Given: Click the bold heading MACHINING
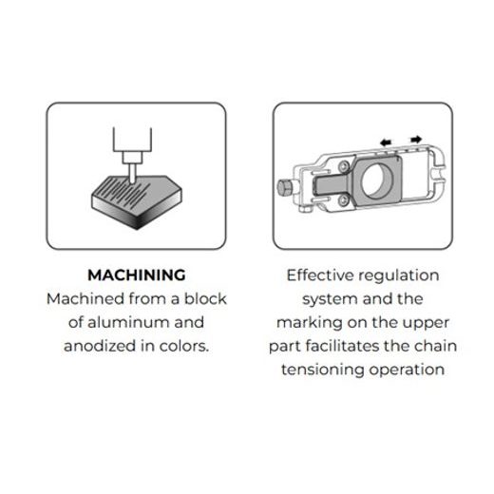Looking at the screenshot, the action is [x=137, y=275].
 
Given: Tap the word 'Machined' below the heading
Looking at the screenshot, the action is [x=85, y=298].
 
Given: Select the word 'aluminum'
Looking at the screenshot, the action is [x=128, y=322].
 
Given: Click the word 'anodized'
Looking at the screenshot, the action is [x=100, y=346].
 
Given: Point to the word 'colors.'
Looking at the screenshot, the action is [x=184, y=346].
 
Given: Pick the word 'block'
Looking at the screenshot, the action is [x=205, y=298].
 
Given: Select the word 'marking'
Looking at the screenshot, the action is [x=309, y=323].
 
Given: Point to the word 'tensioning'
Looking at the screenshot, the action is [x=323, y=370].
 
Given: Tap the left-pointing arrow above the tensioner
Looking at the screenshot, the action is [x=386, y=142].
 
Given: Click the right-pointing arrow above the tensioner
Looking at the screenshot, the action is [x=416, y=139].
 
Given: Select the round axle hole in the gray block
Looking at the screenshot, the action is [x=377, y=180].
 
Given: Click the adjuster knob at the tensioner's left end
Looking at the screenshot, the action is [x=285, y=187].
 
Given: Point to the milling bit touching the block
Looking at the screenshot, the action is [x=132, y=173].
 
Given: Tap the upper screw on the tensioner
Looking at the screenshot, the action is [x=344, y=166].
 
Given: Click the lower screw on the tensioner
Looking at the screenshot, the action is [x=343, y=200].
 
